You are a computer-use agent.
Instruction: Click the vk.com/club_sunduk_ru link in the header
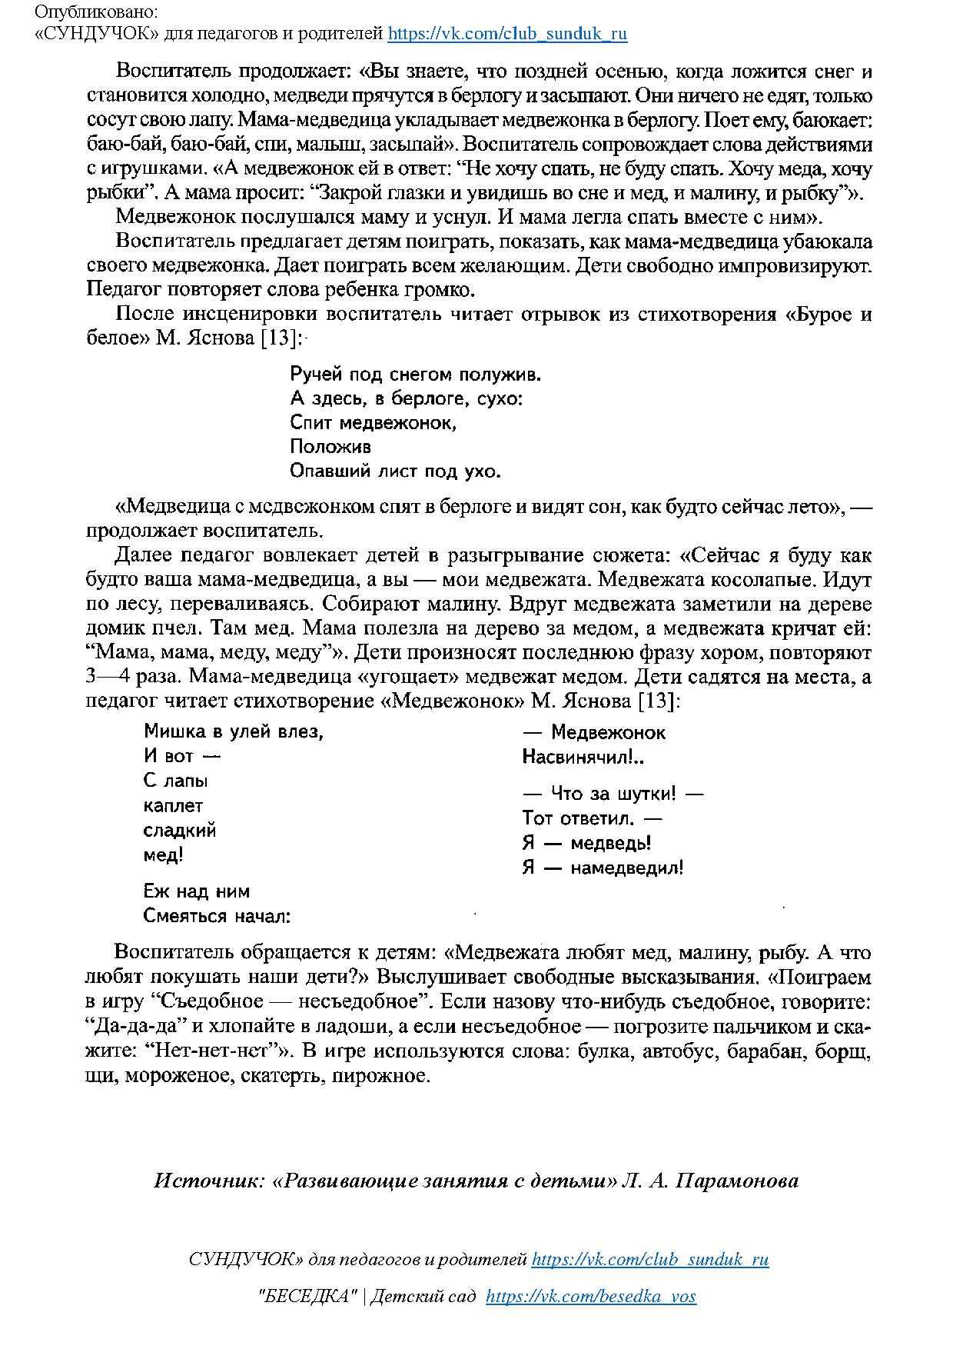(507, 34)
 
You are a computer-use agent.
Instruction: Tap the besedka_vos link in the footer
(591, 1296)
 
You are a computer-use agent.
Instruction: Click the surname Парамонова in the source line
(737, 1181)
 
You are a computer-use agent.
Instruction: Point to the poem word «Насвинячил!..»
(583, 758)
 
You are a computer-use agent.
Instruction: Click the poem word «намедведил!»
(627, 868)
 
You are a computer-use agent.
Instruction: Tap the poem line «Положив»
(330, 447)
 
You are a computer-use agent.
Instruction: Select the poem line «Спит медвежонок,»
(374, 423)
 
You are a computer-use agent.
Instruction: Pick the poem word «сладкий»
(180, 831)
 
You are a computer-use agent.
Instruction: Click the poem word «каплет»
(174, 806)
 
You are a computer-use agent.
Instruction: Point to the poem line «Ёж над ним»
(197, 892)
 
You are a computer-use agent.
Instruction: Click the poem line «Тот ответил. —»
(592, 818)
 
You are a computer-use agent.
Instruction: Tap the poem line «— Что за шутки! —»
(613, 794)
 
